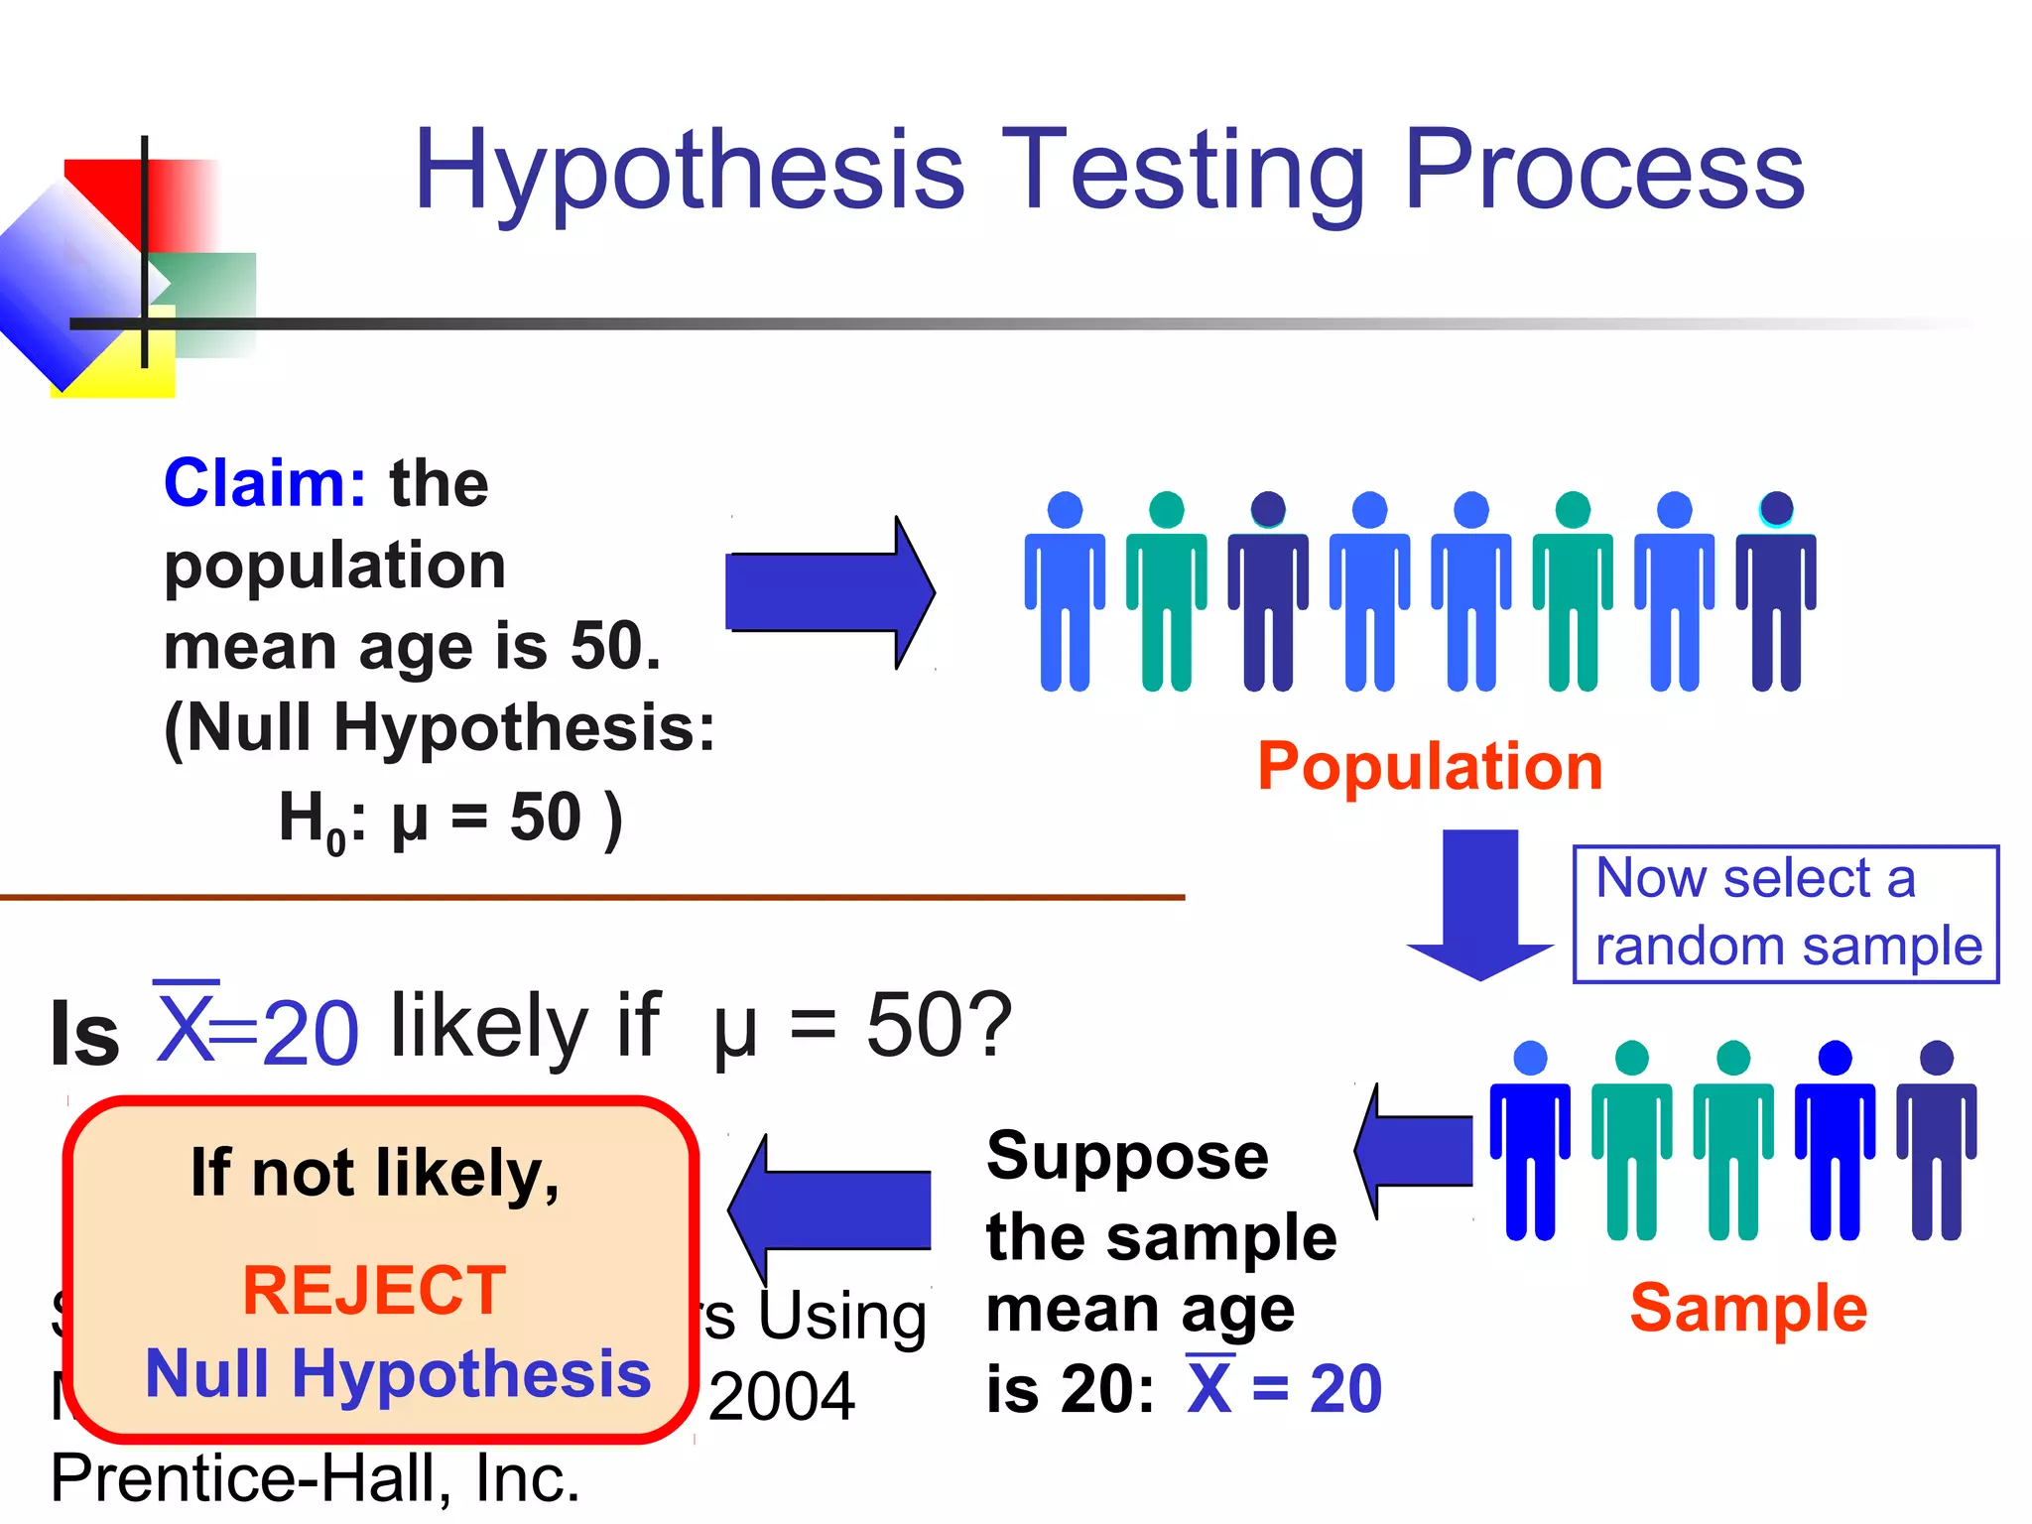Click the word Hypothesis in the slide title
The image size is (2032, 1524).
(x=690, y=171)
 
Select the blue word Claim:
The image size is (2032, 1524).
(x=265, y=484)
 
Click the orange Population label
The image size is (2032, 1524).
(x=1430, y=767)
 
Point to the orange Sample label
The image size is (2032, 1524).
(x=1748, y=1308)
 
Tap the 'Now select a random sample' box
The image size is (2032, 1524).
(x=1786, y=914)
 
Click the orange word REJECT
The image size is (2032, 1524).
(x=375, y=1291)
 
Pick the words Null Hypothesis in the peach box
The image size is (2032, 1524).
(x=398, y=1374)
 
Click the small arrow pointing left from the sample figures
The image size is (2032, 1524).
(x=1414, y=1151)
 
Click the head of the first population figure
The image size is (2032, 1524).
(x=1065, y=510)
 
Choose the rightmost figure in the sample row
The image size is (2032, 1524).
(x=1936, y=1141)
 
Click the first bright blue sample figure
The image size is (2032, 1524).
(x=1530, y=1141)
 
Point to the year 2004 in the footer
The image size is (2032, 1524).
(x=782, y=1397)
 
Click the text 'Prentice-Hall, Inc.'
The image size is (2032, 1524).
(x=315, y=1478)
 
